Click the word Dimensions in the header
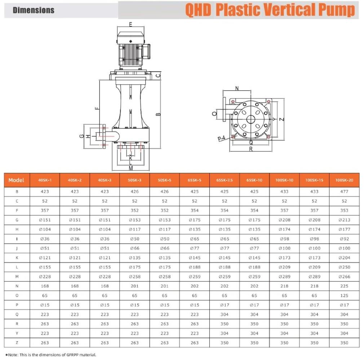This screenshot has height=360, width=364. point(34,10)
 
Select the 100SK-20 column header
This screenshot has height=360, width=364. point(344,180)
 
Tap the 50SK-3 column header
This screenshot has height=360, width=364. point(134,180)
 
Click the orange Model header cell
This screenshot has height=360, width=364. point(16,180)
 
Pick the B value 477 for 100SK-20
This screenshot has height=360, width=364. point(344,192)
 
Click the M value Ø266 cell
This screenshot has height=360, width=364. point(344,276)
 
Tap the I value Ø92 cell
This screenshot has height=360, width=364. point(344,239)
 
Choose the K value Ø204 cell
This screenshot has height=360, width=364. point(344,258)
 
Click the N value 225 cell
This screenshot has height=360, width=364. point(344,286)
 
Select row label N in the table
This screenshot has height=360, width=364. point(17,286)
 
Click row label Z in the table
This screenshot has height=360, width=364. point(17,343)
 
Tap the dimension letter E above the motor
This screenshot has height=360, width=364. point(130,24)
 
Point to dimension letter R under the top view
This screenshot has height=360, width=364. point(251,149)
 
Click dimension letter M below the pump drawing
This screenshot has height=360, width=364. point(130,168)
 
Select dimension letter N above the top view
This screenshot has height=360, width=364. point(237,89)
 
